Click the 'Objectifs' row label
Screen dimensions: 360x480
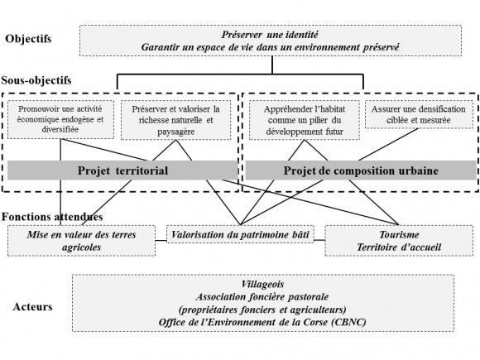pyautogui.click(x=28, y=39)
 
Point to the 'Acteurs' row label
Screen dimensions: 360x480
pyautogui.click(x=33, y=307)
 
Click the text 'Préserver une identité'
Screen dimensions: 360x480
pyautogui.click(x=271, y=35)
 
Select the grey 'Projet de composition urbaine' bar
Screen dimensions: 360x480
pyautogui.click(x=360, y=170)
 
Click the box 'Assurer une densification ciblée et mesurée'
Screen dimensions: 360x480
pyautogui.click(x=411, y=115)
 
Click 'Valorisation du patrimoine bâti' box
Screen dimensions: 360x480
pyautogui.click(x=240, y=235)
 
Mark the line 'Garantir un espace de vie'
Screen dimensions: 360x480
pyautogui.click(x=271, y=47)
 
